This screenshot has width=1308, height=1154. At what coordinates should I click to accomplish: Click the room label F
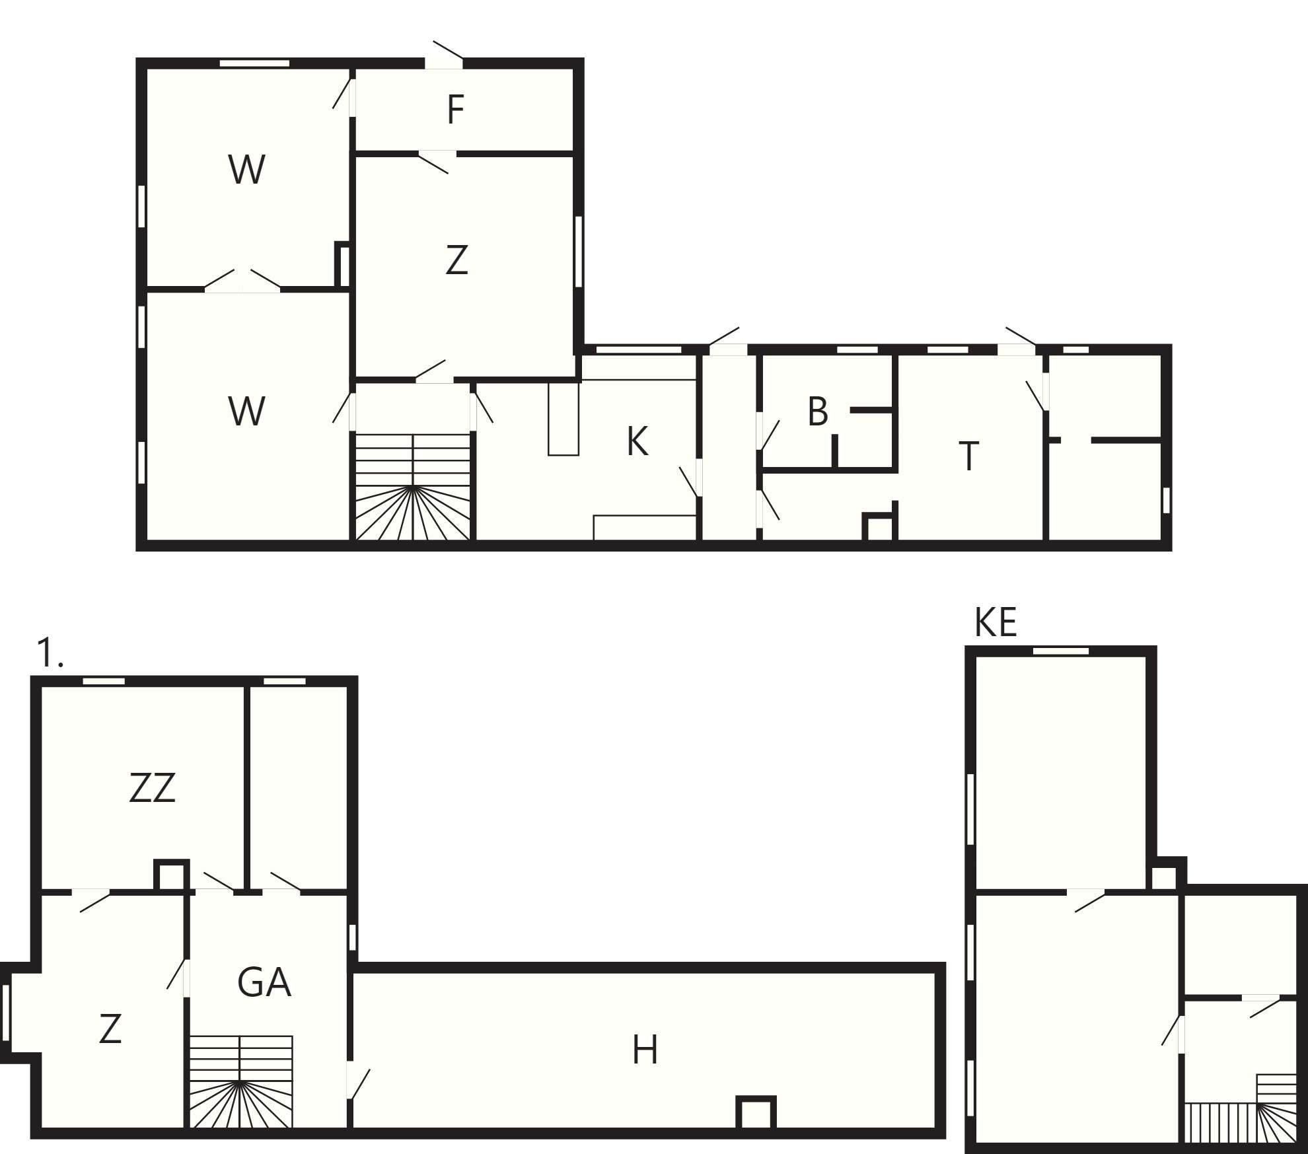[455, 110]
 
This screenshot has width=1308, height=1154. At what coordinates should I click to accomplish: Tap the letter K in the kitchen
[637, 441]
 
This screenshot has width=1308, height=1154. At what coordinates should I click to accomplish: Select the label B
[818, 412]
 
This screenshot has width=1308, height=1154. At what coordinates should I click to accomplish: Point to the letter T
[968, 456]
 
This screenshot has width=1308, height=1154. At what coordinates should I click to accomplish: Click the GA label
[264, 982]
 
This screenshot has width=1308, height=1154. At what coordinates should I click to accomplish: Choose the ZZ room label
[153, 787]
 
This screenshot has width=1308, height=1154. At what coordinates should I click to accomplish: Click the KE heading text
[996, 622]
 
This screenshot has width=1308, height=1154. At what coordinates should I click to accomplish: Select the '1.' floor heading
[50, 653]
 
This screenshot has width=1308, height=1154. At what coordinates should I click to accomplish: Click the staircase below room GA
[241, 1081]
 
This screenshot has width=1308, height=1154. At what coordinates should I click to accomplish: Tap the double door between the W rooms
[242, 281]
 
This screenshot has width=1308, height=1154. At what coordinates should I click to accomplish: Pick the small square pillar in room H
[756, 1112]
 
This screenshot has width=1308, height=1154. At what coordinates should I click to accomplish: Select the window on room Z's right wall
[579, 252]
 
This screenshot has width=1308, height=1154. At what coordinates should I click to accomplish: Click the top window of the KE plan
[1061, 651]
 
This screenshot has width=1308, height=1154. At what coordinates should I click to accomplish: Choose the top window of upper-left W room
[254, 63]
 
